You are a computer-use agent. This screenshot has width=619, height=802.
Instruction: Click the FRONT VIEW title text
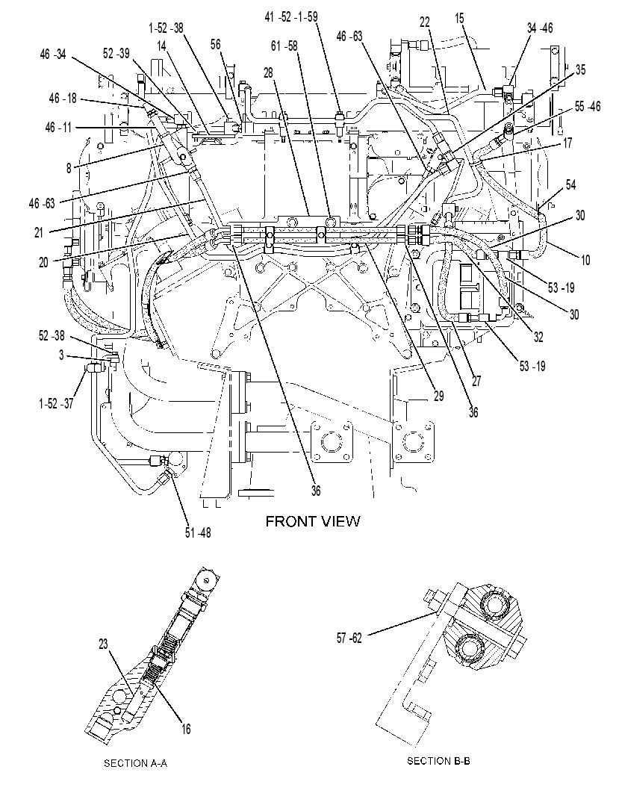313,521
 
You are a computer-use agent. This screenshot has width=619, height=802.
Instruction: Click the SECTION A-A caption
136,763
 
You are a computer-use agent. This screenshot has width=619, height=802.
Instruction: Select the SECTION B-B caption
438,761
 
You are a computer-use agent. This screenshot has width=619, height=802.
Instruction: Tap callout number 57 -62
349,638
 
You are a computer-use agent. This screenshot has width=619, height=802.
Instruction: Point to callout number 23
103,644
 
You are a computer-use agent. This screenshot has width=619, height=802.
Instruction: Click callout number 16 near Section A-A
186,729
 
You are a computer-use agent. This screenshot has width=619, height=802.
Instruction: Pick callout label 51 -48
198,532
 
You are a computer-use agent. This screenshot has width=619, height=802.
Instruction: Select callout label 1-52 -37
56,403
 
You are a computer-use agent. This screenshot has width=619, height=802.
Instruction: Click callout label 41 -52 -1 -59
291,17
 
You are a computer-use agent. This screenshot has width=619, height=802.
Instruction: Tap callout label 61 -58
284,46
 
